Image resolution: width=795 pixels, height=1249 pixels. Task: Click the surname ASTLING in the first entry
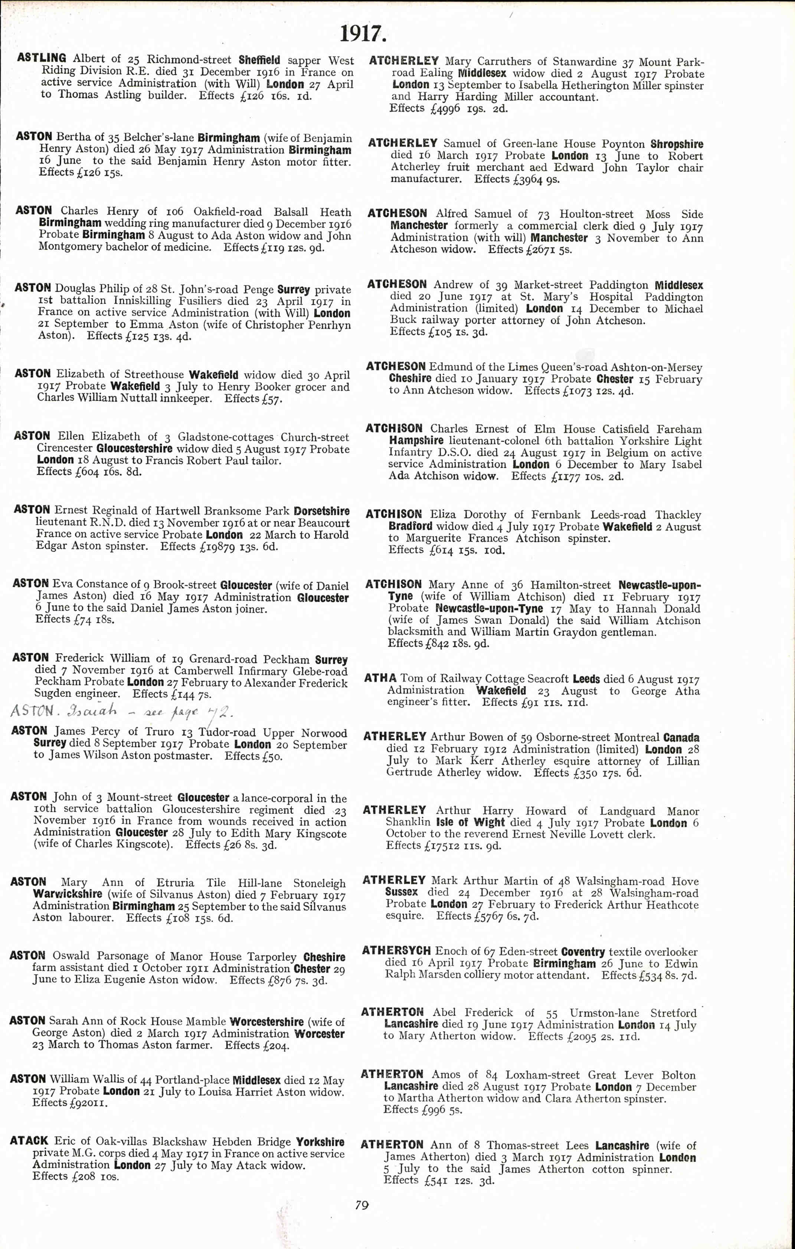click(x=42, y=58)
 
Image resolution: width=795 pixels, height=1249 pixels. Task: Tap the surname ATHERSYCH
click(x=396, y=951)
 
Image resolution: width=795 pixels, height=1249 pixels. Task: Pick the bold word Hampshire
click(x=416, y=441)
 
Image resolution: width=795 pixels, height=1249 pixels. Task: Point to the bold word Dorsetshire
click(x=322, y=511)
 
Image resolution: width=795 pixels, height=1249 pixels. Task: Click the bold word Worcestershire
click(x=267, y=1022)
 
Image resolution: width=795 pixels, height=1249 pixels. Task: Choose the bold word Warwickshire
click(x=68, y=894)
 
